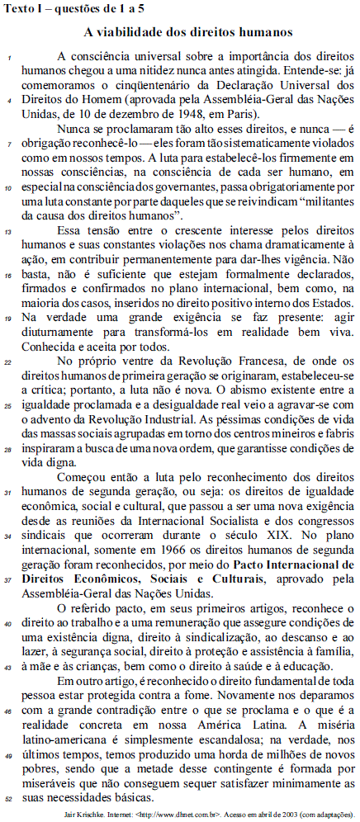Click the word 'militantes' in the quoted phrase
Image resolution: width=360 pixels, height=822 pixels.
click(322, 200)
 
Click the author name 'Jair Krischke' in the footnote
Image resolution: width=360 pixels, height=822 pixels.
click(80, 812)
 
